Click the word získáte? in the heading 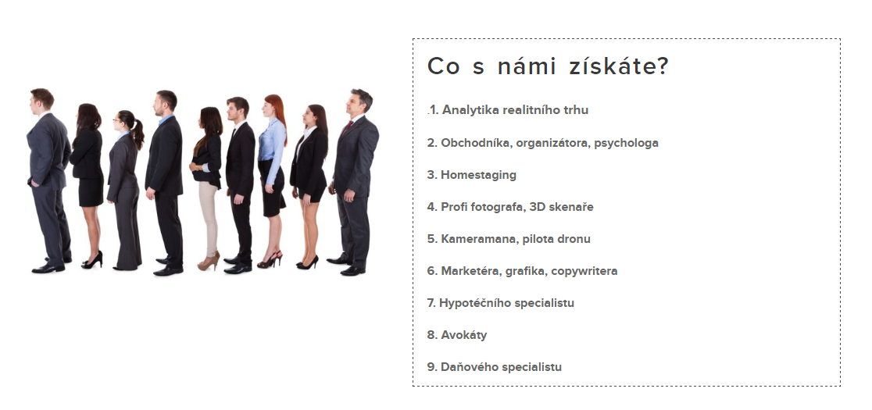pyautogui.click(x=618, y=66)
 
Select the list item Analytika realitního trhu pyautogui.click(x=509, y=110)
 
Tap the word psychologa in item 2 pyautogui.click(x=626, y=143)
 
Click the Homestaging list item pyautogui.click(x=472, y=175)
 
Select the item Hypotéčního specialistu pyautogui.click(x=501, y=303)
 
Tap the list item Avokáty pyautogui.click(x=457, y=335)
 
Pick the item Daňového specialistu pyautogui.click(x=495, y=367)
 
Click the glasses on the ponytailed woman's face pyautogui.click(x=116, y=119)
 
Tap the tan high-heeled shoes pyautogui.click(x=209, y=262)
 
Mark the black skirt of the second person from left pyautogui.click(x=91, y=192)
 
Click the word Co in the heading pyautogui.click(x=444, y=66)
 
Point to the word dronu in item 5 pyautogui.click(x=574, y=239)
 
